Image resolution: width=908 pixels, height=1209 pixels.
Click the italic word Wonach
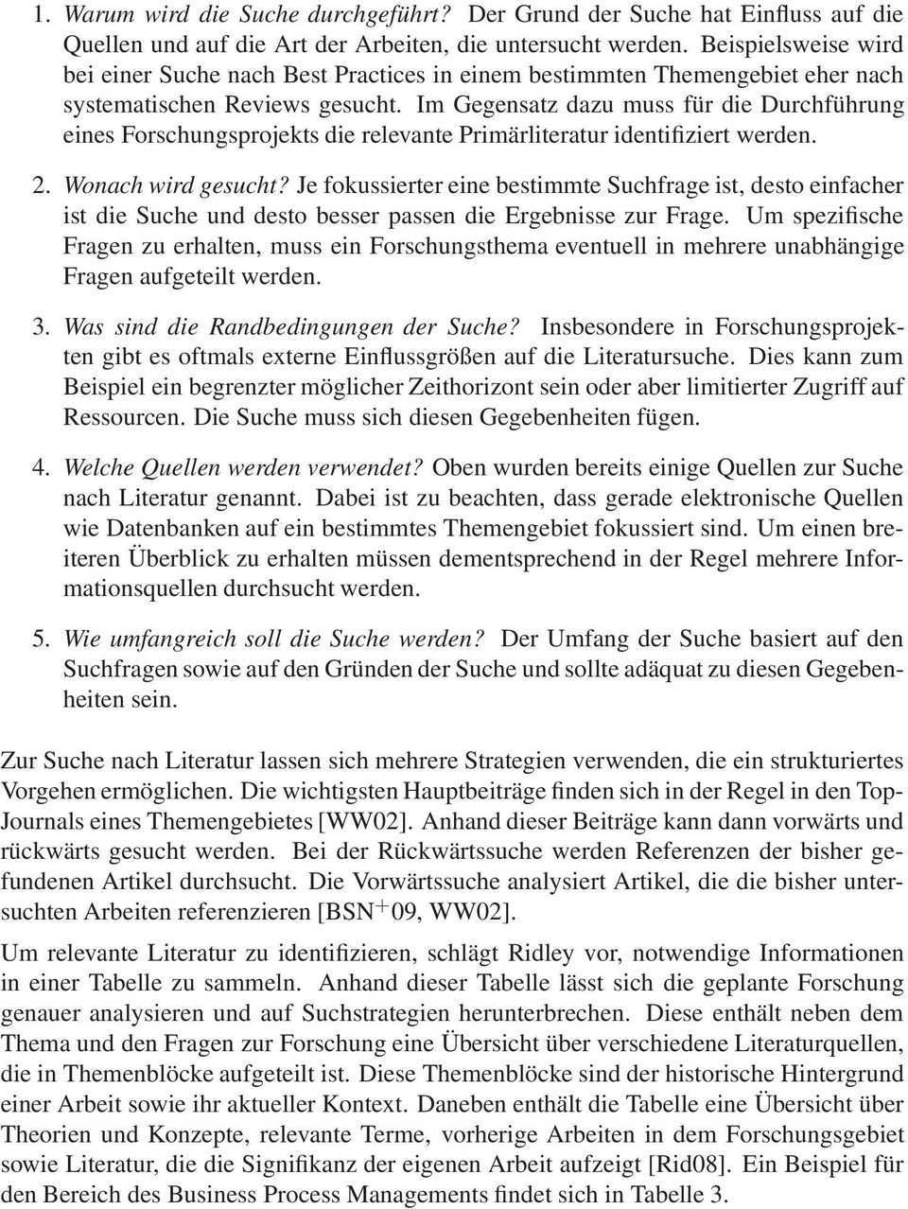96,186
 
